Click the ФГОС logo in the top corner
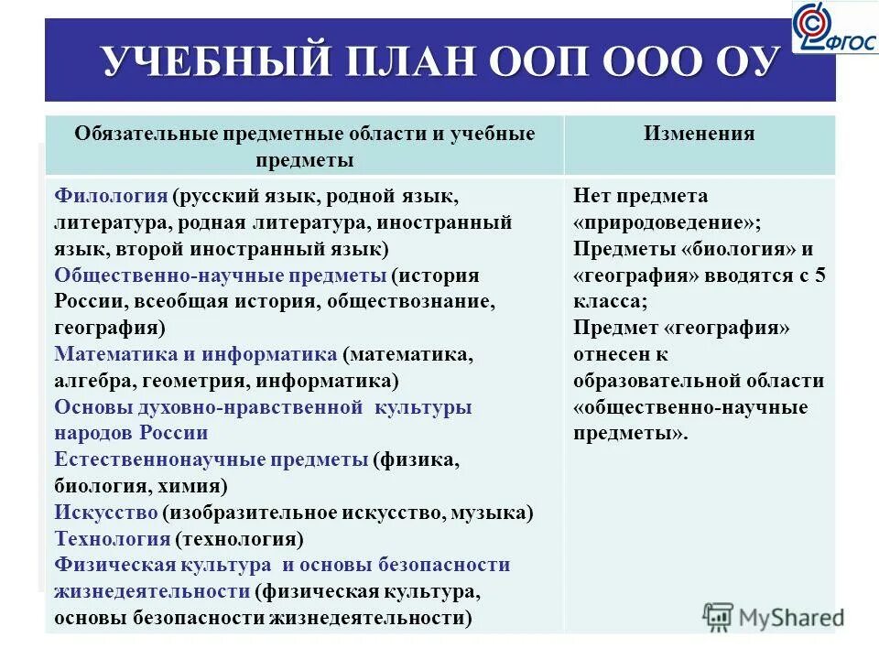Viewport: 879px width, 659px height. (834, 27)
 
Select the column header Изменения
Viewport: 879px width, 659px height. (699, 134)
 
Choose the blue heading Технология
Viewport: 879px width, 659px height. (113, 538)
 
